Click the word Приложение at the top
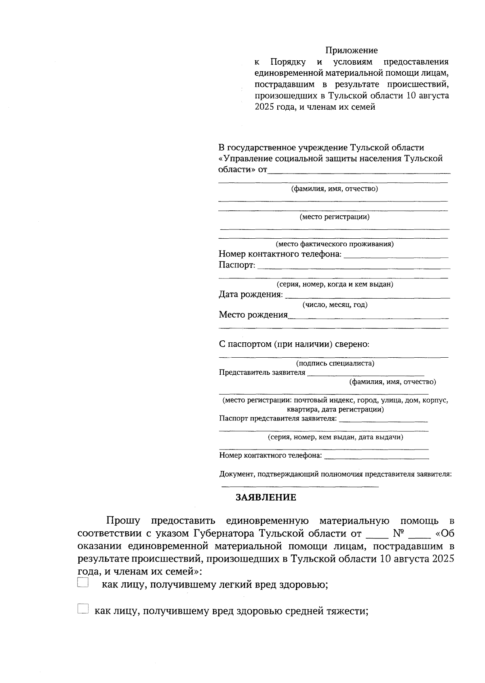[x=352, y=51]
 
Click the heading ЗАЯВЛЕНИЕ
[x=266, y=497]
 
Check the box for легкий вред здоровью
[x=82, y=583]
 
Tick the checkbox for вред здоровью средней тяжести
[x=82, y=609]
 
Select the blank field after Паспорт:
[x=353, y=267]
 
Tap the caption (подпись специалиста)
[x=335, y=363]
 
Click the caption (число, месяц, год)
[x=335, y=305]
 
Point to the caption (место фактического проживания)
[x=335, y=244]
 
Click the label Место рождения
[x=253, y=315]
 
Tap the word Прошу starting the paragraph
[x=123, y=520]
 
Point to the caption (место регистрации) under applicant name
[x=334, y=217]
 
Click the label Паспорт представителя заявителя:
[x=278, y=418]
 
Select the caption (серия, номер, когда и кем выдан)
[x=335, y=284]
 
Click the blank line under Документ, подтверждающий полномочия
[x=300, y=485]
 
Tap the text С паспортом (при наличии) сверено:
[x=294, y=344]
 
